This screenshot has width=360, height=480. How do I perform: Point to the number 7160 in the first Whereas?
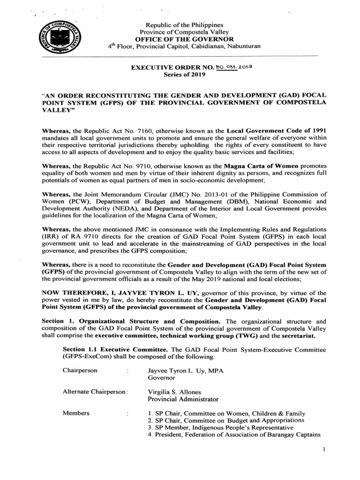(x=141, y=130)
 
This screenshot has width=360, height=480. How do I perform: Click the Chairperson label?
(x=80, y=370)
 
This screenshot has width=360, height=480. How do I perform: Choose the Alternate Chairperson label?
(x=94, y=392)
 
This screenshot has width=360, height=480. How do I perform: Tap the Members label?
(x=76, y=413)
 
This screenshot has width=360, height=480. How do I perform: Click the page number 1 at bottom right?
(x=323, y=450)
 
